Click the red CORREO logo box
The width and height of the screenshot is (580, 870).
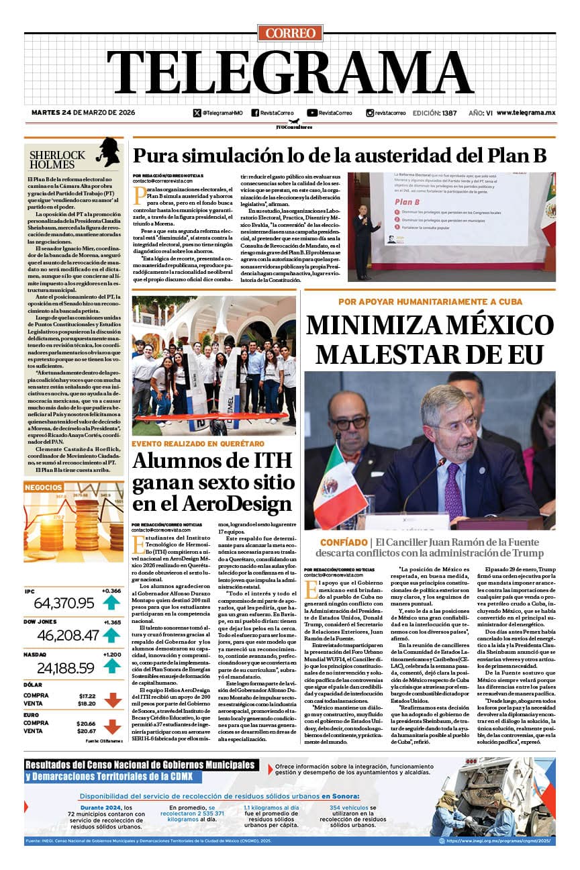pyautogui.click(x=290, y=33)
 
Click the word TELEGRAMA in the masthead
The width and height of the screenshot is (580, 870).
pyautogui.click(x=290, y=74)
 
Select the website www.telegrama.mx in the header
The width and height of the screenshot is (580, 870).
pyautogui.click(x=526, y=113)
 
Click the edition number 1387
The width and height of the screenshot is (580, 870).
pyautogui.click(x=450, y=113)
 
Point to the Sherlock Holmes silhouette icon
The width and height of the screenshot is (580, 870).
pyautogui.click(x=107, y=153)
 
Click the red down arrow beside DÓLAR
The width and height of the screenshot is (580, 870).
pyautogui.click(x=112, y=700)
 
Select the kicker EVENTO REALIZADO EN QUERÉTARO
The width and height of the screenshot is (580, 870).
pyautogui.click(x=197, y=444)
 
